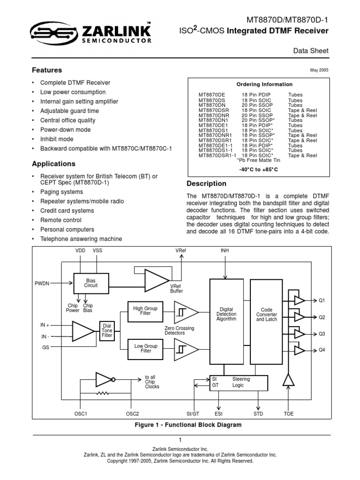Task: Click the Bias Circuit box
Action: (x=90, y=283)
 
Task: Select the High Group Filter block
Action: (x=145, y=311)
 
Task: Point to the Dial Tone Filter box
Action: (x=107, y=331)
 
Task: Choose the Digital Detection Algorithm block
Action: (x=227, y=314)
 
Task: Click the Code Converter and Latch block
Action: (x=266, y=314)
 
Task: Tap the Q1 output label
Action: (x=322, y=300)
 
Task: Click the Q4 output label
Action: (x=322, y=350)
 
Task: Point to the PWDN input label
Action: (x=42, y=283)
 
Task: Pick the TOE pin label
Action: (x=289, y=414)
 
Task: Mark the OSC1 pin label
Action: (x=81, y=414)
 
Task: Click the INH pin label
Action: (x=225, y=251)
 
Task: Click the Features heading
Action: (x=47, y=70)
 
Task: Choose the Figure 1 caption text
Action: (x=181, y=425)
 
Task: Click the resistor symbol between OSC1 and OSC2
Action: (x=105, y=393)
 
